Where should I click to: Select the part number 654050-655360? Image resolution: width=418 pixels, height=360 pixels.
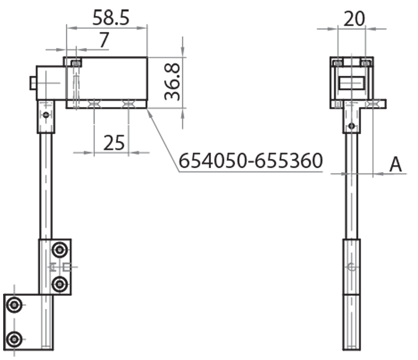(x=251, y=161)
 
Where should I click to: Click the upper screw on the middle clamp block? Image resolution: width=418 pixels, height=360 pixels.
(x=61, y=250)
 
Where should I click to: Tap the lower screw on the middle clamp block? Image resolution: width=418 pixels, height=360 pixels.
(x=61, y=284)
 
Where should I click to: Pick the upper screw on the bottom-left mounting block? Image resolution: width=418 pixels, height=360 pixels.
(x=15, y=305)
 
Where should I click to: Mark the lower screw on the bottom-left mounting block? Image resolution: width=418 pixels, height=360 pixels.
(x=15, y=339)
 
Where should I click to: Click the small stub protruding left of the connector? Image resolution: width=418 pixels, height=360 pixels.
(x=32, y=83)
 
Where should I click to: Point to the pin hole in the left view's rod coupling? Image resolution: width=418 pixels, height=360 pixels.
(x=46, y=115)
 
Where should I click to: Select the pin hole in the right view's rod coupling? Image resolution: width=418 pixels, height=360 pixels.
(x=352, y=125)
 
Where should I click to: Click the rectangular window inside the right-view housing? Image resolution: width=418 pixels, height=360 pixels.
(x=352, y=84)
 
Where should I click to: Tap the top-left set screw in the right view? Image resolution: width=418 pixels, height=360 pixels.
(x=339, y=63)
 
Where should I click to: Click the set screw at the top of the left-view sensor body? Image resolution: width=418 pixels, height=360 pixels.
(x=77, y=63)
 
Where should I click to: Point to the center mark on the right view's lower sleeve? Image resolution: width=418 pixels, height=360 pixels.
(x=352, y=267)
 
